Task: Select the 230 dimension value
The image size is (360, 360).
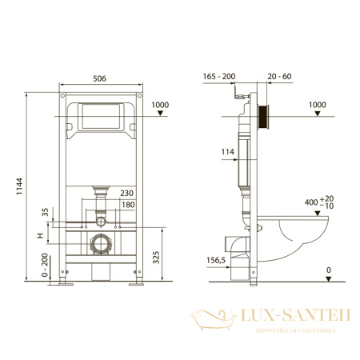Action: point(126,193)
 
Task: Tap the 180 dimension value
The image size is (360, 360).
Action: point(126,205)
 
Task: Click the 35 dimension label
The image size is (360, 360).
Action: point(45,214)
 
